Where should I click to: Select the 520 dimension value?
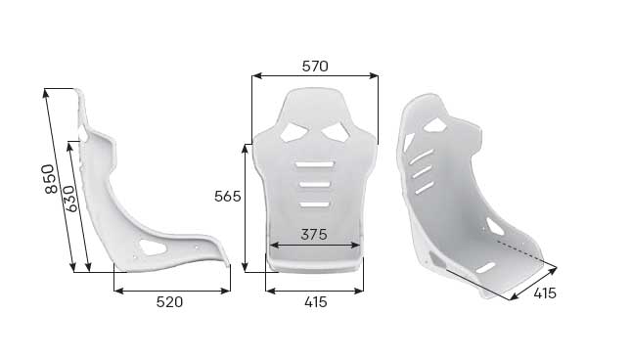tap(170, 302)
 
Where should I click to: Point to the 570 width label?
tap(315, 67)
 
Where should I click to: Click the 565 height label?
tap(227, 196)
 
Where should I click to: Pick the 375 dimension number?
tap(314, 234)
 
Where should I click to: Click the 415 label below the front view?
tap(315, 302)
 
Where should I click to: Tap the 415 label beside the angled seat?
tap(545, 292)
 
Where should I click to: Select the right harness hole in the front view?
tap(338, 129)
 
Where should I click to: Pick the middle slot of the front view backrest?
tap(315, 184)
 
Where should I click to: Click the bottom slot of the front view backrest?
tap(315, 202)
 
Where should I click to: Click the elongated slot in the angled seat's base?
tap(486, 267)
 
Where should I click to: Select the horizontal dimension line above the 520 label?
tap(172, 290)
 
